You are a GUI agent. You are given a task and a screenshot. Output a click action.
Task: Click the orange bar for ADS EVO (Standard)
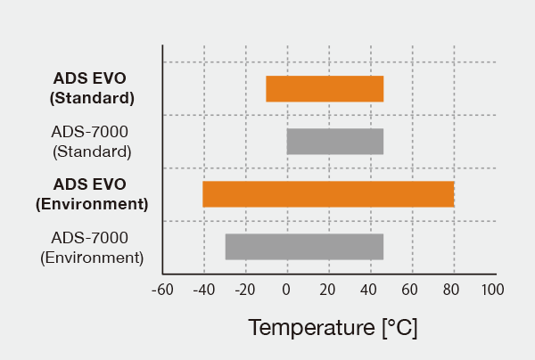[325, 89]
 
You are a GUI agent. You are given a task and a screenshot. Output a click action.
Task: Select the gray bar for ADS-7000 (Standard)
[334, 142]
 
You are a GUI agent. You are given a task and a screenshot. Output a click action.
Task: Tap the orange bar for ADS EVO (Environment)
[328, 194]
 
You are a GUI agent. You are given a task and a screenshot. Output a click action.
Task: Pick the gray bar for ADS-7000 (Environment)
[304, 247]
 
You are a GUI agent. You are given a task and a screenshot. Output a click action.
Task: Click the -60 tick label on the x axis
[161, 290]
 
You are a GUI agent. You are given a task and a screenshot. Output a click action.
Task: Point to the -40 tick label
[203, 290]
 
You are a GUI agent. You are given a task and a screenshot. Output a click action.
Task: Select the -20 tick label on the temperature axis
[245, 290]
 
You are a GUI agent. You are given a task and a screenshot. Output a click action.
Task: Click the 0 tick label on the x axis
[286, 290]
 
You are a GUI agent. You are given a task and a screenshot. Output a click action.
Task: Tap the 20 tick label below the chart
[328, 290]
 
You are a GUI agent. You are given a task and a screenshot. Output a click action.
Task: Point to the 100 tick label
[493, 290]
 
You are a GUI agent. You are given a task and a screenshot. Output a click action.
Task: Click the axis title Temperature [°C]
[333, 327]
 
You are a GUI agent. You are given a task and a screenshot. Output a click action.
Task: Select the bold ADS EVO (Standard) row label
[93, 88]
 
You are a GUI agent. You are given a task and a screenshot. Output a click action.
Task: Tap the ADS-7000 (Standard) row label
[92, 142]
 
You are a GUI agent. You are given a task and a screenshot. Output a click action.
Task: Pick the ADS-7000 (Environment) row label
[92, 247]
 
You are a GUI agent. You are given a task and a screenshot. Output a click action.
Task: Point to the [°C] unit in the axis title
[399, 327]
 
